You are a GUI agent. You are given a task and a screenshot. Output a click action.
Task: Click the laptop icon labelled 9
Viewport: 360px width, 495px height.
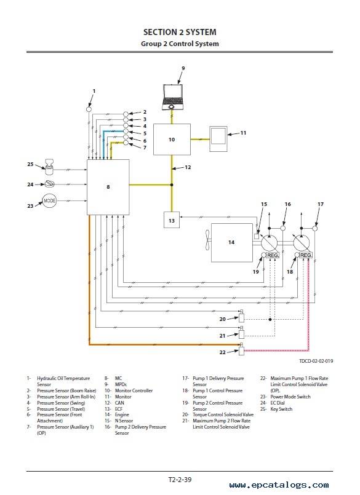[172, 97]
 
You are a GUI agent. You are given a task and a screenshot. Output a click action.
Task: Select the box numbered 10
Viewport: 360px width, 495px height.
[172, 140]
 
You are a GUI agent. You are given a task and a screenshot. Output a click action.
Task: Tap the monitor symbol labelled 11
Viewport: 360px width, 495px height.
[218, 139]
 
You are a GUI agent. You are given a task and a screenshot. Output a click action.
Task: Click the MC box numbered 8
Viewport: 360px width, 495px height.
[108, 187]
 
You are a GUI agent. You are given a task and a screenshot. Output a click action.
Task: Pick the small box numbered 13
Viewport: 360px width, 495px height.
[172, 220]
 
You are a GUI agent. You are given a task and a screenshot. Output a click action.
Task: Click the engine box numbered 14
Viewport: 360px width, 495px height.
[231, 242]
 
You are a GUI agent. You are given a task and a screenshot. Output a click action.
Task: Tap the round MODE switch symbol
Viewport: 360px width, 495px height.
[49, 201]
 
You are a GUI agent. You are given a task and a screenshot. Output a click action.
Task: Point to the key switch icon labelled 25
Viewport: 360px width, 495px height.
[49, 167]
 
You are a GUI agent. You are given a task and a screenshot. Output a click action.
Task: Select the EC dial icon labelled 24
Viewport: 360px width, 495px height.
[50, 184]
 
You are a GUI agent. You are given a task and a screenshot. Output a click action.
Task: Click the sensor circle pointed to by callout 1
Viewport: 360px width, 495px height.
[89, 109]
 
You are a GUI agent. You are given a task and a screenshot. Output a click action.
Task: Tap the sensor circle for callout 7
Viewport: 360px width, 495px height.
[126, 143]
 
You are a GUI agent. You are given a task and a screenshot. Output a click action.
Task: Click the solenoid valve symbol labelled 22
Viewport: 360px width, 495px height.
[241, 349]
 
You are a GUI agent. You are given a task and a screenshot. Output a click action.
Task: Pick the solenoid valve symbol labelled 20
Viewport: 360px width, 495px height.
[241, 315]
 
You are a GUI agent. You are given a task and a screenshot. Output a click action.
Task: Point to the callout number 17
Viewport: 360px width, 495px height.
[321, 204]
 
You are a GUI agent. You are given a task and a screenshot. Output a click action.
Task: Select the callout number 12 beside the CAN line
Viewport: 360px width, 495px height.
[188, 167]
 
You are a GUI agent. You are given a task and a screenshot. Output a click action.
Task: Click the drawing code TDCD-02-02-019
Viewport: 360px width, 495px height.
[316, 361]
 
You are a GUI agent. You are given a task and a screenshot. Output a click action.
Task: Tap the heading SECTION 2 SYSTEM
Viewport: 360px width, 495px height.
[180, 32]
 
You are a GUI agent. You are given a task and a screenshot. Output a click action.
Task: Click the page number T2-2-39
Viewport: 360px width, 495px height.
[180, 480]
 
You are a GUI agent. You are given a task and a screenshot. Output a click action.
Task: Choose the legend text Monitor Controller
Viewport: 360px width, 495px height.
[134, 390]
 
